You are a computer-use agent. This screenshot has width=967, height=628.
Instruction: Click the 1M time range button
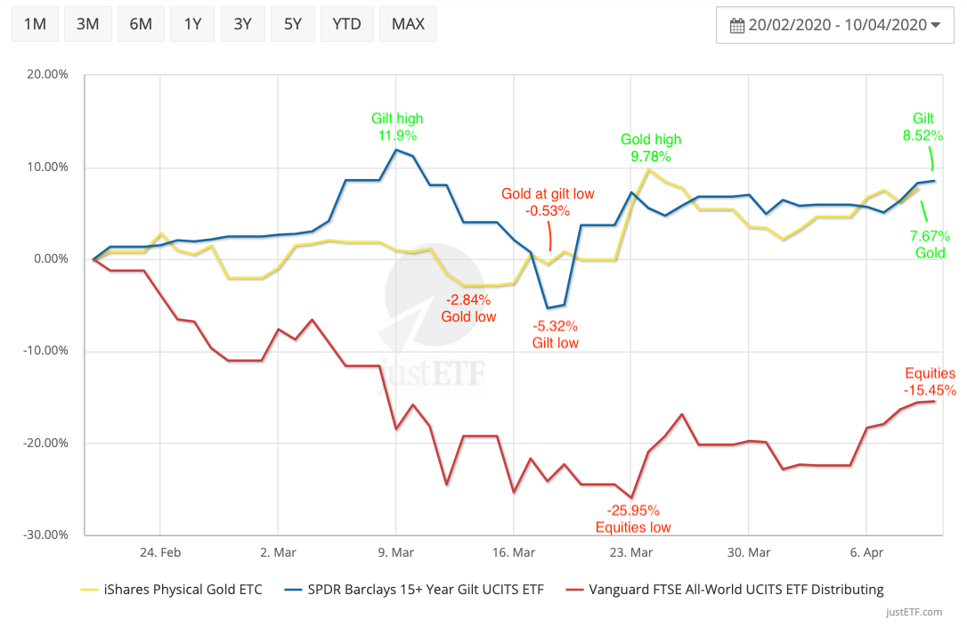tap(35, 24)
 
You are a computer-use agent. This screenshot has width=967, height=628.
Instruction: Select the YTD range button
tap(347, 24)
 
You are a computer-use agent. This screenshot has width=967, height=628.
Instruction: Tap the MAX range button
tap(408, 24)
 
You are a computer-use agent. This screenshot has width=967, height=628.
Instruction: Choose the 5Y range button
tap(293, 24)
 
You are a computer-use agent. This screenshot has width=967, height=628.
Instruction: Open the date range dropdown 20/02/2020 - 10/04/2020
tap(835, 25)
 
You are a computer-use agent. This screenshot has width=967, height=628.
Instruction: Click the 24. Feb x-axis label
tap(160, 552)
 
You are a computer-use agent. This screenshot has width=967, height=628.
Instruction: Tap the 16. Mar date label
tap(514, 552)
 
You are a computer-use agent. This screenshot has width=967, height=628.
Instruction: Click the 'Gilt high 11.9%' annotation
tap(397, 126)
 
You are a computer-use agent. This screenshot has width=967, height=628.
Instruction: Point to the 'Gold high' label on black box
tap(652, 140)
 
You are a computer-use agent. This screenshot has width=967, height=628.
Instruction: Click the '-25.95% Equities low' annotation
tap(633, 518)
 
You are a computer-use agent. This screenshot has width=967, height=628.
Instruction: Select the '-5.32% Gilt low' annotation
tap(555, 334)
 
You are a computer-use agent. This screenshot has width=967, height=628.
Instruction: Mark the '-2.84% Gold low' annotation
tap(468, 307)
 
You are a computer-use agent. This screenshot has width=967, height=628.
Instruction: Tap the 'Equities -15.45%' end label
tap(930, 381)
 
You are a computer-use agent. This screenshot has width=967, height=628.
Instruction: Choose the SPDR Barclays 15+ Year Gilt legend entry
tap(415, 589)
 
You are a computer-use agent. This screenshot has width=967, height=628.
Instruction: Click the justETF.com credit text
tap(914, 612)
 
